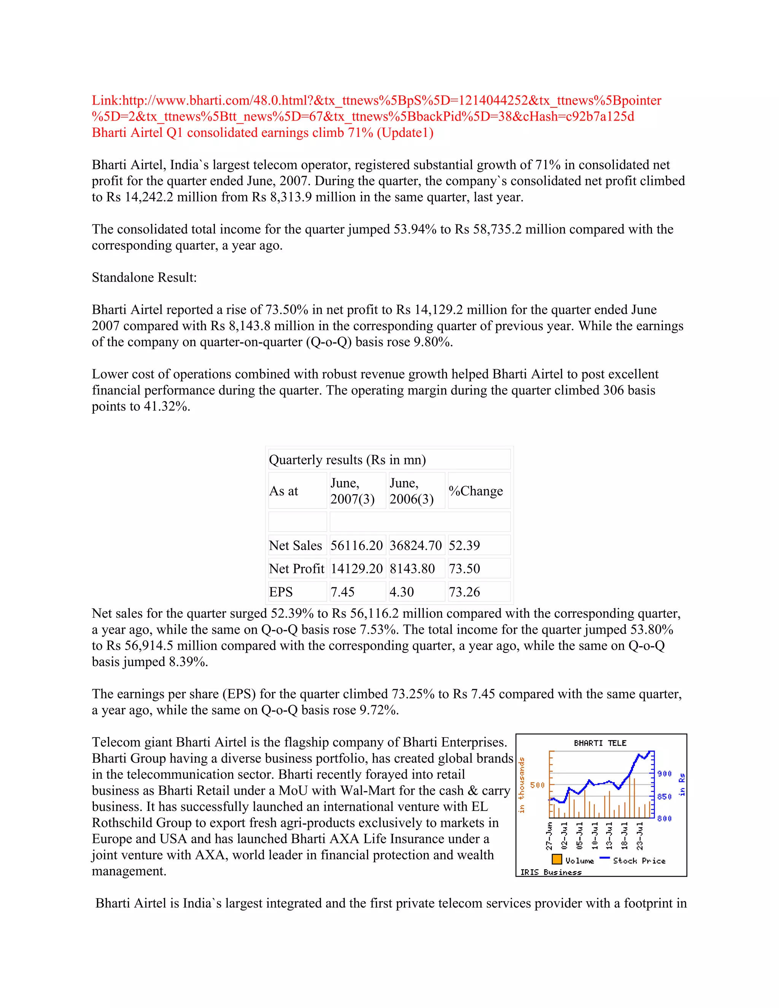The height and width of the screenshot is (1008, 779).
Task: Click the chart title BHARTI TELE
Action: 600,743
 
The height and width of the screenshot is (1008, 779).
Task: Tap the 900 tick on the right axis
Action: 664,774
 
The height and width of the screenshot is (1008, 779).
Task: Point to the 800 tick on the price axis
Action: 664,818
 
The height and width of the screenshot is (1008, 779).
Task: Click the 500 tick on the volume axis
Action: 537,785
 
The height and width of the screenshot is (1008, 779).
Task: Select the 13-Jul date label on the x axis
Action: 609,835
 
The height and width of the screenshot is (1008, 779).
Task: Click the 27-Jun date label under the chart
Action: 549,835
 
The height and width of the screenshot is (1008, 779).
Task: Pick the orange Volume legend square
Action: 557,859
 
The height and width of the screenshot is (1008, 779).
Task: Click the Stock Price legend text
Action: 639,861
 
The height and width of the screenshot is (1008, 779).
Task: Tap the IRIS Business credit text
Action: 550,872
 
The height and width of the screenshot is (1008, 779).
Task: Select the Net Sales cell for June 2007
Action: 357,545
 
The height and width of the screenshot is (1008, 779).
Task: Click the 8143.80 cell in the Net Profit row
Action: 412,569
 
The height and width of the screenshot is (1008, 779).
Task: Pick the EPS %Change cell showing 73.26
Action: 464,592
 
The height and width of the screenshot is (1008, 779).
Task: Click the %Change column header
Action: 476,491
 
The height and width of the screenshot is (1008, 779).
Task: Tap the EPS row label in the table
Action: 281,592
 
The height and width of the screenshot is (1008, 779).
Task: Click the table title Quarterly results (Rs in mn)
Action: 347,460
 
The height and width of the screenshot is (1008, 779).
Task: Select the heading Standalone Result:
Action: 144,277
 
